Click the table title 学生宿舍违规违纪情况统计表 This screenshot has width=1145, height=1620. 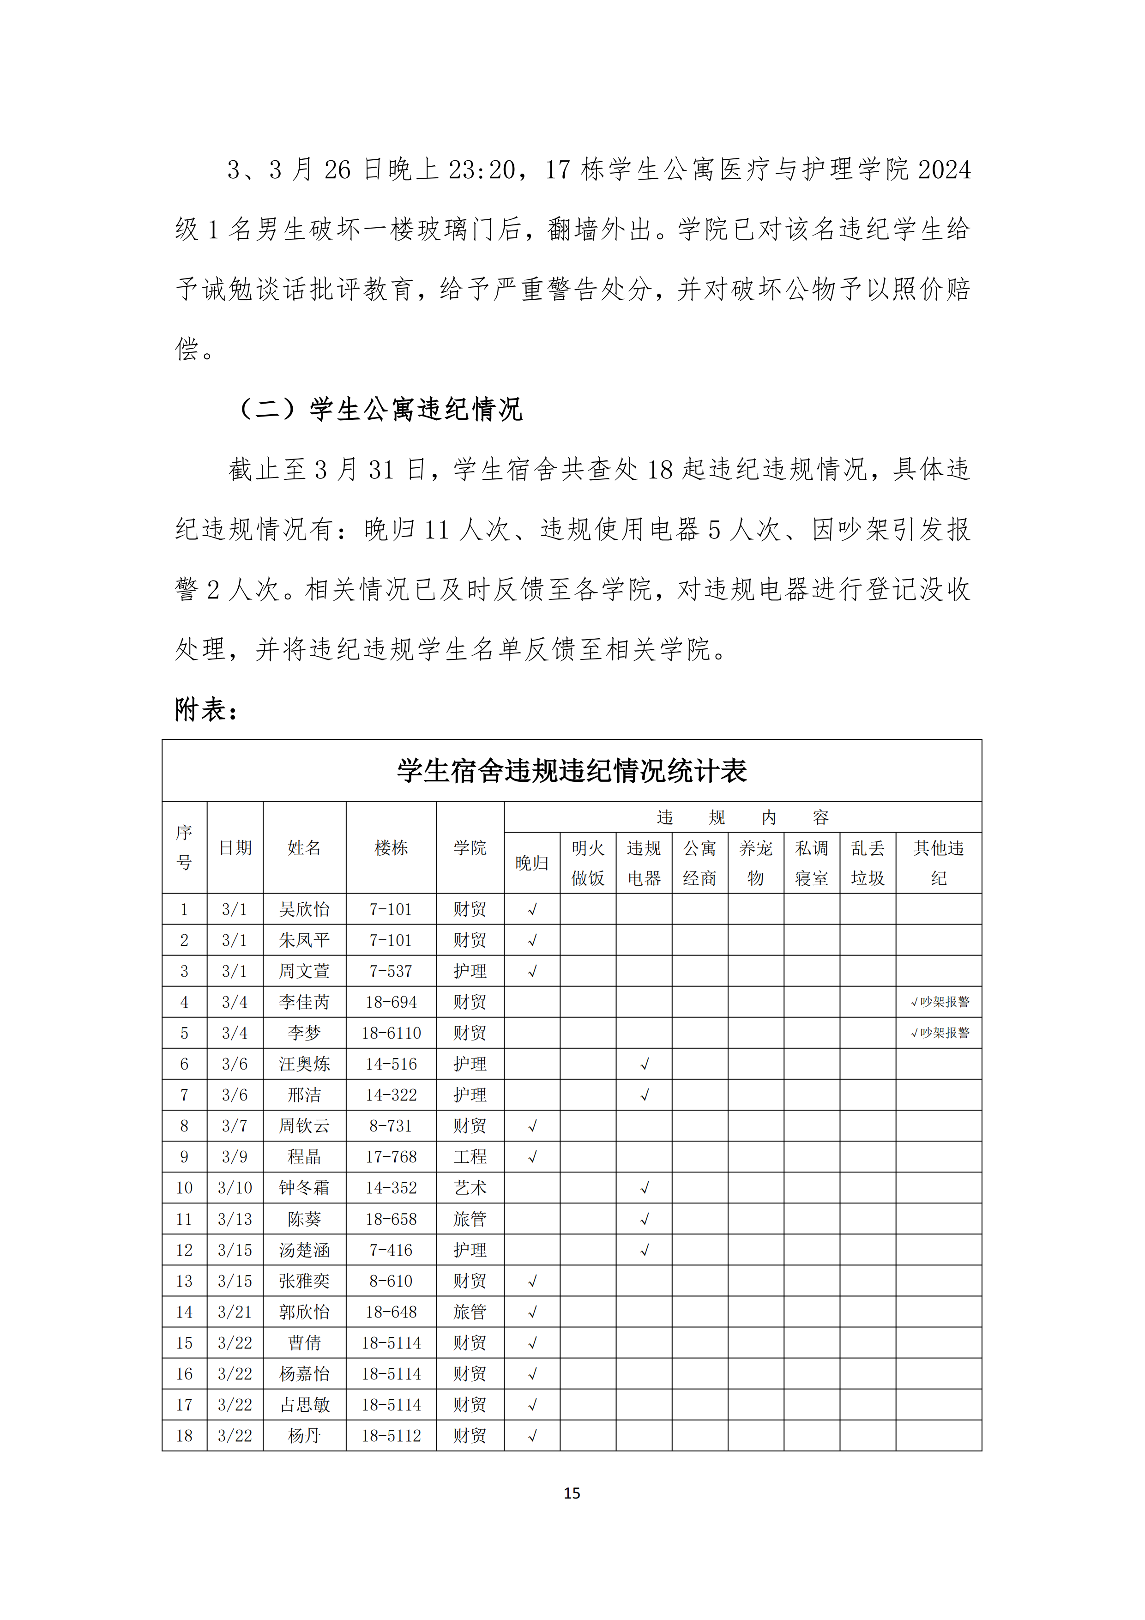(572, 770)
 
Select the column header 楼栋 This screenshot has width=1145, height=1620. (391, 847)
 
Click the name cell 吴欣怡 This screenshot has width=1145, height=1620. (304, 909)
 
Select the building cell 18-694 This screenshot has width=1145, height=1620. (391, 1002)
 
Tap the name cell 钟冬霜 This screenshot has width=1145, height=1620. (304, 1187)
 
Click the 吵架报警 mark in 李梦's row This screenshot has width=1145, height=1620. (940, 1033)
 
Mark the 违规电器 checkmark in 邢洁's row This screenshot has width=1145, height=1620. (644, 1095)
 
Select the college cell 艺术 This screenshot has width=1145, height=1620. (470, 1187)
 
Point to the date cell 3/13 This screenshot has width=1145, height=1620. (235, 1219)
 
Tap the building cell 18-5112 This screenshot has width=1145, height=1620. (391, 1436)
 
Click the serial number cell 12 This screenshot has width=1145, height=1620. (184, 1250)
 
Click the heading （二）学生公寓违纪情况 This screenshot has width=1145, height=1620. (381, 409)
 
